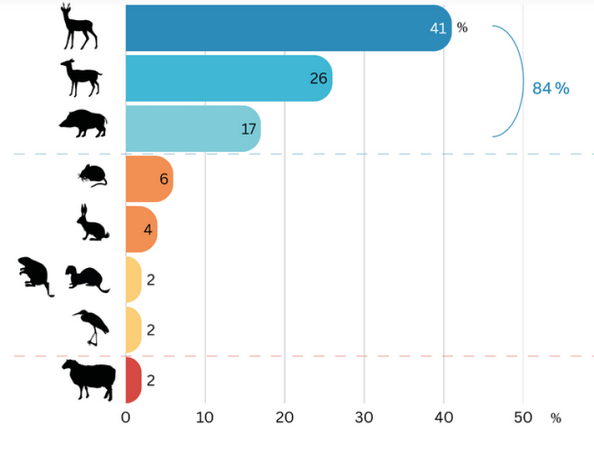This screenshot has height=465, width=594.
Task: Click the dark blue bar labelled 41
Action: point(287,28)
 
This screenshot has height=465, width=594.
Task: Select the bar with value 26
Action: point(228,78)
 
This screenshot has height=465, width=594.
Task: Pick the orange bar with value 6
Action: point(148,179)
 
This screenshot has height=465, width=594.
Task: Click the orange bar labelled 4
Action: point(140,229)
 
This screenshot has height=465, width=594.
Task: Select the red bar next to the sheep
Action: point(132,381)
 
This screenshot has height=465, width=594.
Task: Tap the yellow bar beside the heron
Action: point(132,330)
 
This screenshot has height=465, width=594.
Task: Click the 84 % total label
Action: point(551,88)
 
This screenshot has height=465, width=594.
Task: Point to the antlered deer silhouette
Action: point(79,26)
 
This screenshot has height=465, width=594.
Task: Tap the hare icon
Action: point(92,224)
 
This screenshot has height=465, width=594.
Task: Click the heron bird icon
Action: point(91,327)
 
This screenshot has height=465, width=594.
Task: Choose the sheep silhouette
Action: point(88,379)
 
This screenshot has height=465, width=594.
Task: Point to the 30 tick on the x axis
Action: point(364,418)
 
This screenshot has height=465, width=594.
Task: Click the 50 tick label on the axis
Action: point(523,418)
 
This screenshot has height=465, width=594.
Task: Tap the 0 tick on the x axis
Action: point(125,418)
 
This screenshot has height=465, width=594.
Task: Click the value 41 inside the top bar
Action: point(438,28)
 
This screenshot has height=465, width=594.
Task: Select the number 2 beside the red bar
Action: point(151,381)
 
